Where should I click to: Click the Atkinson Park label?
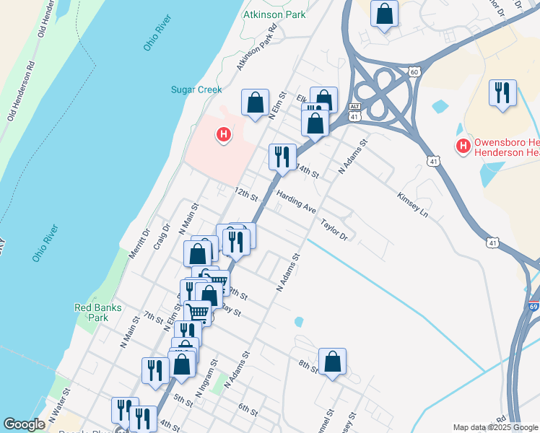click(x=274, y=14)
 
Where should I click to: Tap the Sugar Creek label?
click(x=196, y=89)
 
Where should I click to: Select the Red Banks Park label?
click(x=92, y=312)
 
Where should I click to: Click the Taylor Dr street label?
click(x=335, y=229)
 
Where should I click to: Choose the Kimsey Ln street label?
click(x=412, y=205)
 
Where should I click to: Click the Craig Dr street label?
click(x=162, y=236)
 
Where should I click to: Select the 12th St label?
click(x=245, y=195)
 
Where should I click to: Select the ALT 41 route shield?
click(x=354, y=110)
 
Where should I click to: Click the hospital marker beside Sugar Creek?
click(x=224, y=134)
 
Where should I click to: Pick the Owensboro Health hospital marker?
click(x=463, y=146)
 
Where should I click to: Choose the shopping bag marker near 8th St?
click(x=332, y=362)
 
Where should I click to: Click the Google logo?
click(x=24, y=424)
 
